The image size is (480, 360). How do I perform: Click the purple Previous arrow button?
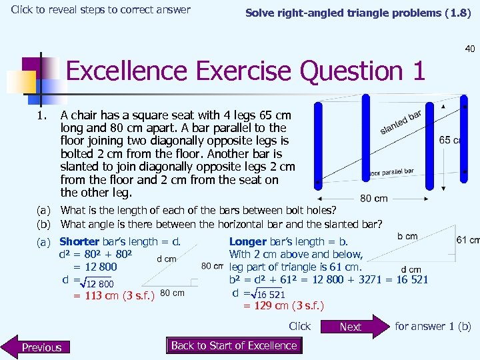pos(40,347)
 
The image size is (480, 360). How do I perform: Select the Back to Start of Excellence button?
pos(234,345)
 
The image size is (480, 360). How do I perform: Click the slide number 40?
pos(470,48)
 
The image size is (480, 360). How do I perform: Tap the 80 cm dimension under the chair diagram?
pos(373,198)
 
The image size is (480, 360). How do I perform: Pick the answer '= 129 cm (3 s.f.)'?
pos(283,306)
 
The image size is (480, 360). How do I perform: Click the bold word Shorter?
pos(79,242)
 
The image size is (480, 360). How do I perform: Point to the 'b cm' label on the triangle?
pos(407,236)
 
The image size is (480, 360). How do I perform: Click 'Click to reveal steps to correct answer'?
pos(101,9)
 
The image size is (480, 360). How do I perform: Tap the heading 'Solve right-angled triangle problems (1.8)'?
pos(358,13)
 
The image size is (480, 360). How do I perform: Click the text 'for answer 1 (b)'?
pos(433,326)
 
